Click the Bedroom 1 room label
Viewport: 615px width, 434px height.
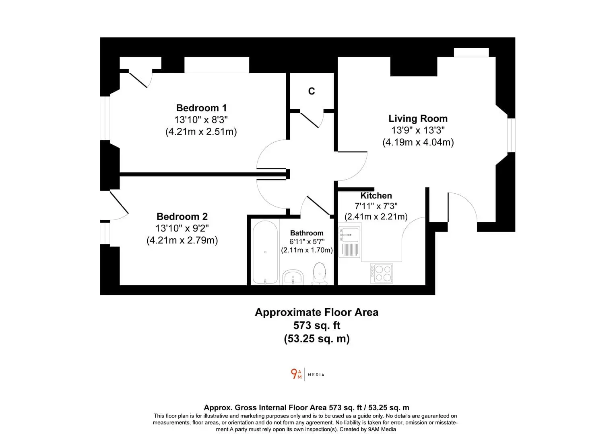pos(201,108)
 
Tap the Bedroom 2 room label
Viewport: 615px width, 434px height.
pos(182,217)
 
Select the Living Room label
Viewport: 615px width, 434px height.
pos(418,119)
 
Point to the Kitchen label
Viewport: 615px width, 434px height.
pos(376,195)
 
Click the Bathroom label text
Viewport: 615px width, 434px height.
pos(307,233)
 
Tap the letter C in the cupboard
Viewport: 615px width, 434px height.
pos(312,91)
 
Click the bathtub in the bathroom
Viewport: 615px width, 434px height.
pos(265,252)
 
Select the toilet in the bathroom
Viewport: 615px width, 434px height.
pos(319,274)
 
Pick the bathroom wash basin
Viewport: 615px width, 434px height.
pos(293,277)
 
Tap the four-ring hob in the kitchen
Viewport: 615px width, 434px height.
pos(381,273)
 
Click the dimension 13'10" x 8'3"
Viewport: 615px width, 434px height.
pos(201,120)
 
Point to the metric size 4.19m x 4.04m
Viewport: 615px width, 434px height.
pos(418,142)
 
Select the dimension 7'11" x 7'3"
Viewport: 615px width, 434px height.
pos(376,206)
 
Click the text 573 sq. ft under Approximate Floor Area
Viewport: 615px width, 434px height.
pos(317,325)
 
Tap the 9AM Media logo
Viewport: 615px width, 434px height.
pos(307,375)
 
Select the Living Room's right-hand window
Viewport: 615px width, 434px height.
pos(511,135)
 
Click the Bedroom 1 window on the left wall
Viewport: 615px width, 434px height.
pos(105,118)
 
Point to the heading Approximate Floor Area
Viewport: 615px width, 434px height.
pos(317,312)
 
